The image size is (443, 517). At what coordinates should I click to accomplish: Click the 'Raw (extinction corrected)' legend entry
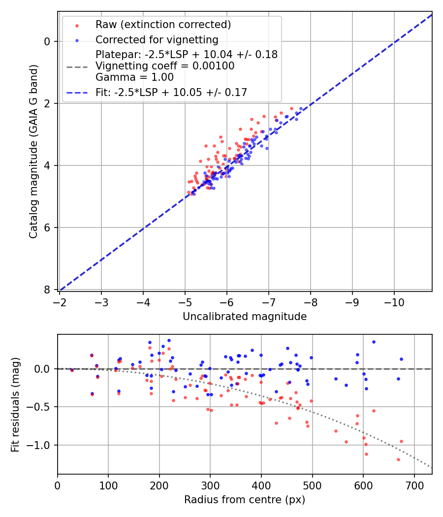[163, 25]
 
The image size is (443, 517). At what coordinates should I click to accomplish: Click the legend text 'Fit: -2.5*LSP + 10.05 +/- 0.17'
[171, 92]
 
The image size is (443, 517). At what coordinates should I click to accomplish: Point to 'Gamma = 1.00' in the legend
[134, 77]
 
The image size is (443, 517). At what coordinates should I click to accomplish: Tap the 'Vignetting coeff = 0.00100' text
[165, 66]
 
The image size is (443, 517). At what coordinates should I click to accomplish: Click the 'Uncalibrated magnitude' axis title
[245, 317]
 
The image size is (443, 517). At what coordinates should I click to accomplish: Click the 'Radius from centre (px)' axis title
[245, 500]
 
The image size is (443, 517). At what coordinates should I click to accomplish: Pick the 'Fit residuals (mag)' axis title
[15, 404]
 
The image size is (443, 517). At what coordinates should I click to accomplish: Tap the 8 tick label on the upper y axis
[47, 290]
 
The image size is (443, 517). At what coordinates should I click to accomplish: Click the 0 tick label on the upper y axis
[47, 41]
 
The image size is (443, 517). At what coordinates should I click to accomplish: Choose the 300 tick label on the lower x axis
[210, 485]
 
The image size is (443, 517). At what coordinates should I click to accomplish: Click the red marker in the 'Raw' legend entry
[76, 25]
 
